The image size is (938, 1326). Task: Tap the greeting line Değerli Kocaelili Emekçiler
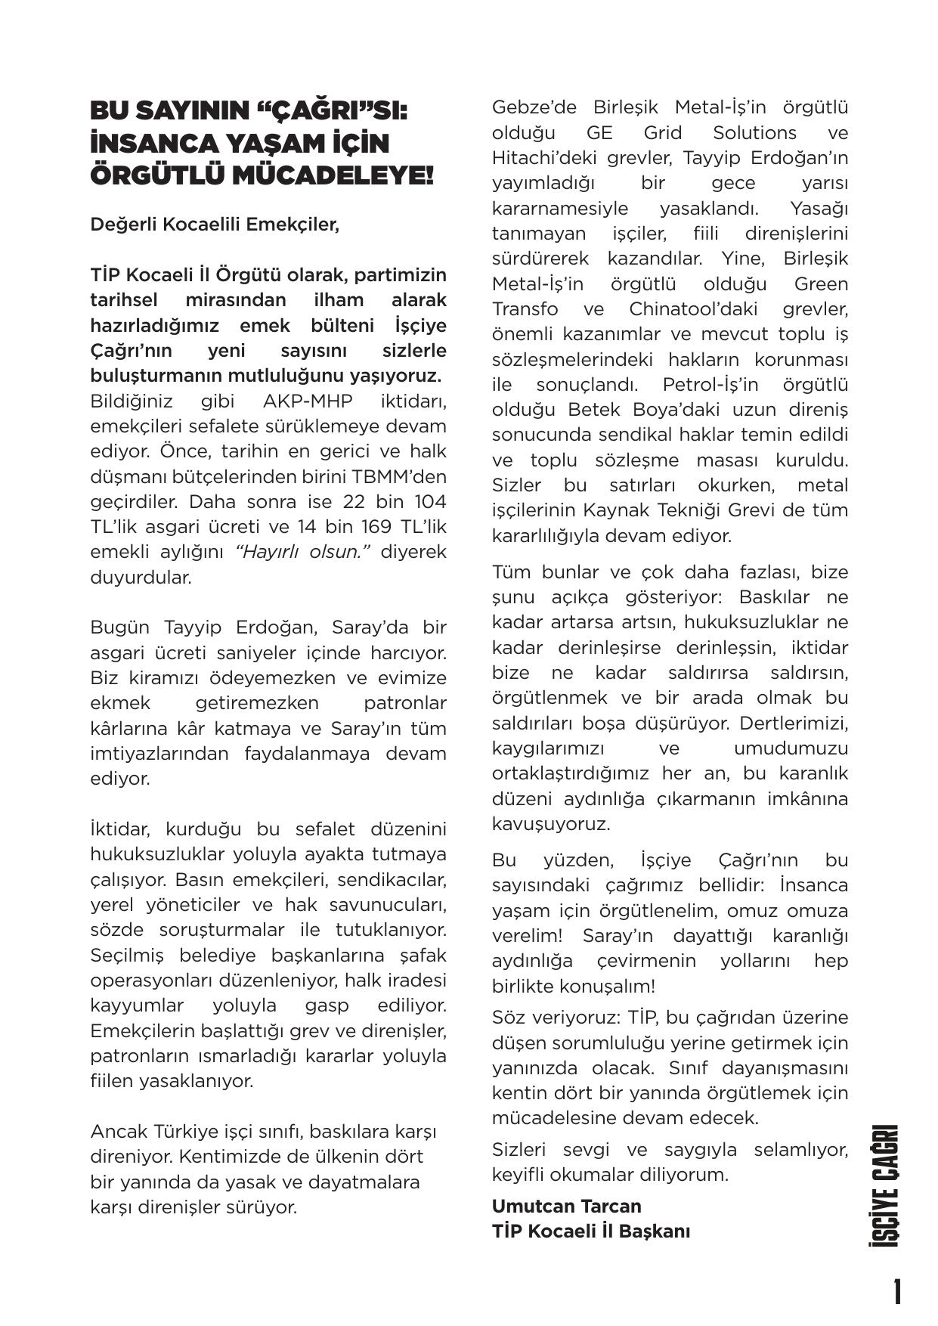[215, 225]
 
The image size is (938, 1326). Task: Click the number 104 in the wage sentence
[430, 502]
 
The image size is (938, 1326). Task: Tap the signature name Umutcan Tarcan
[566, 1206]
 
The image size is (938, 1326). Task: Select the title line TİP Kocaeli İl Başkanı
[590, 1231]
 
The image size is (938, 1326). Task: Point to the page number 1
[896, 1293]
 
